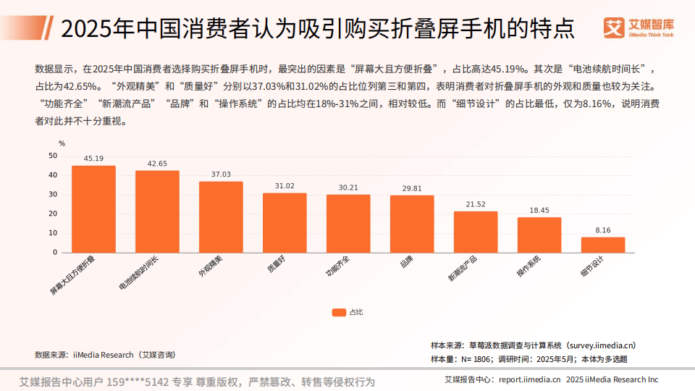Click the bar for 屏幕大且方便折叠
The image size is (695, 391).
93,209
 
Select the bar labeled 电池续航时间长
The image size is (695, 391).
157,211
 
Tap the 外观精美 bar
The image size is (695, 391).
221,217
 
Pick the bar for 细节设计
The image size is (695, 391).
602,245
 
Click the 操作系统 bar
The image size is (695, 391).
539,235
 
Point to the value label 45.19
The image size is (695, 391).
93,158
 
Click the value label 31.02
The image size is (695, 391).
285,185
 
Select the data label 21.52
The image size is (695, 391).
476,204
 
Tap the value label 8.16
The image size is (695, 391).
602,230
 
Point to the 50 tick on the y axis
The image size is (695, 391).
52,156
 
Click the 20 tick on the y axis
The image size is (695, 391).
52,214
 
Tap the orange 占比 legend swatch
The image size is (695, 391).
338,312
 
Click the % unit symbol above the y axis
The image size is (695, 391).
62,143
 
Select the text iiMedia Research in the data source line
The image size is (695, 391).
104,355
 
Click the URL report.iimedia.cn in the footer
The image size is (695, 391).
529,379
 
